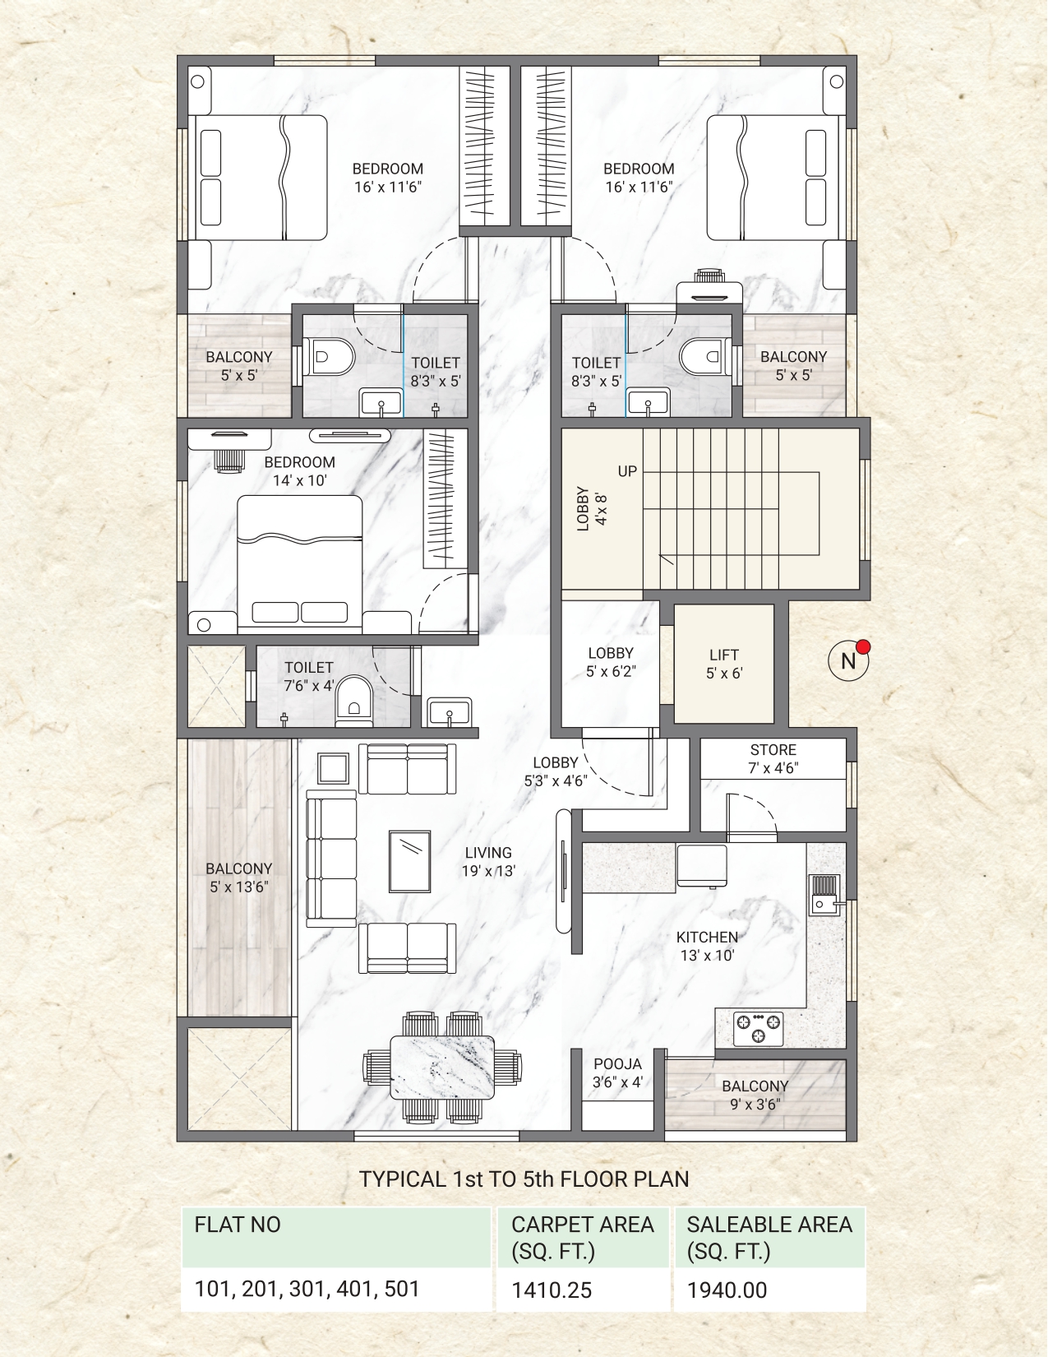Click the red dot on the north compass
pos(863,647)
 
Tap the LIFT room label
pos(724,664)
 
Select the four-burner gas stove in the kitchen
pos(758,1029)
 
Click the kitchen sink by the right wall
pos(824,895)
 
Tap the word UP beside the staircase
pos(627,471)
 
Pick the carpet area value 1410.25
pos(552,1290)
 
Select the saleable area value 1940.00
pos(727,1290)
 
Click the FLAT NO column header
pos(238,1225)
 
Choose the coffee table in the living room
pos(409,862)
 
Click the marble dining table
pos(442,1068)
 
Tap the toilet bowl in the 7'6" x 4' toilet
pos(354,701)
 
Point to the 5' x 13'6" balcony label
pos(239,878)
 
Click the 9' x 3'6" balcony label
pos(755,1095)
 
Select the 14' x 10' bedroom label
pos(300,471)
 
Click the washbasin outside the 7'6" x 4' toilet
pos(450,712)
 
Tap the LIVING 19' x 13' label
pos(488,862)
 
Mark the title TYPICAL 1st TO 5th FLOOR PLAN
pos(524,1179)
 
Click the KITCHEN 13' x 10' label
pos(707,946)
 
